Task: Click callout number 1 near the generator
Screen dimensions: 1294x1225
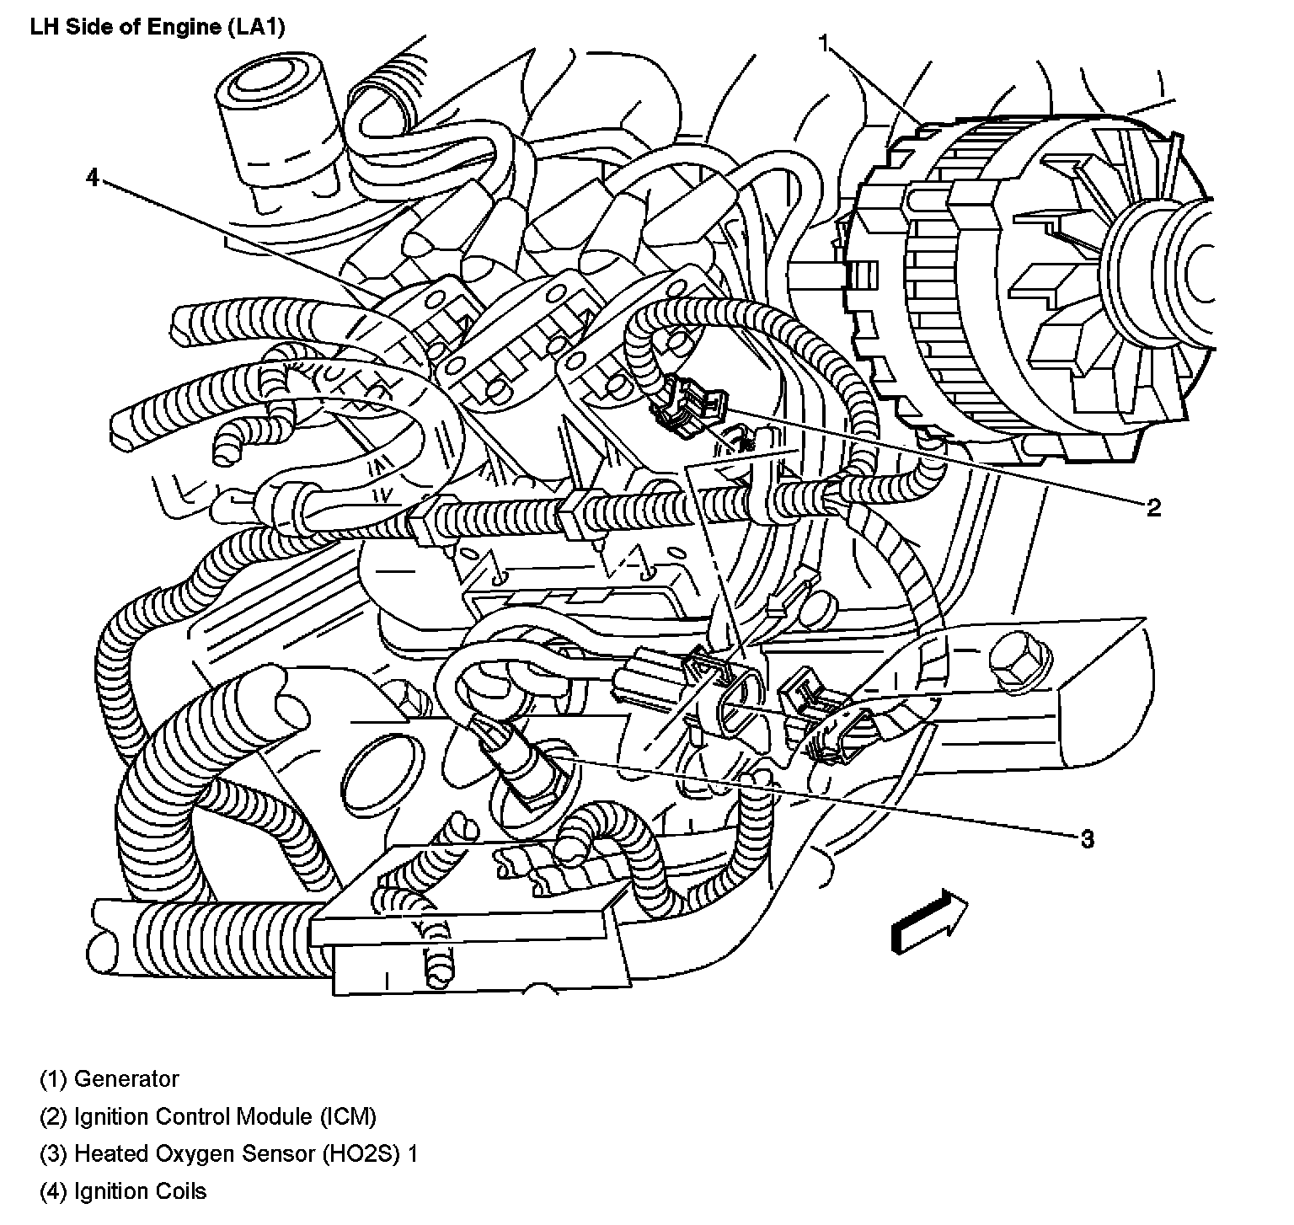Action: click(826, 43)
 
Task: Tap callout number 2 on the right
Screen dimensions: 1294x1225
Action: click(1153, 507)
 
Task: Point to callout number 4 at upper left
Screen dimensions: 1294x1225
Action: click(93, 178)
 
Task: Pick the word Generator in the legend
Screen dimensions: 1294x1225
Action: click(126, 1078)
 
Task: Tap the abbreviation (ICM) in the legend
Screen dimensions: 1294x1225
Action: click(348, 1116)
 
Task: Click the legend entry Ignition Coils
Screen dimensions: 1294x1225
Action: click(141, 1191)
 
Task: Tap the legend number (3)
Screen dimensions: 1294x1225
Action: click(54, 1154)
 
